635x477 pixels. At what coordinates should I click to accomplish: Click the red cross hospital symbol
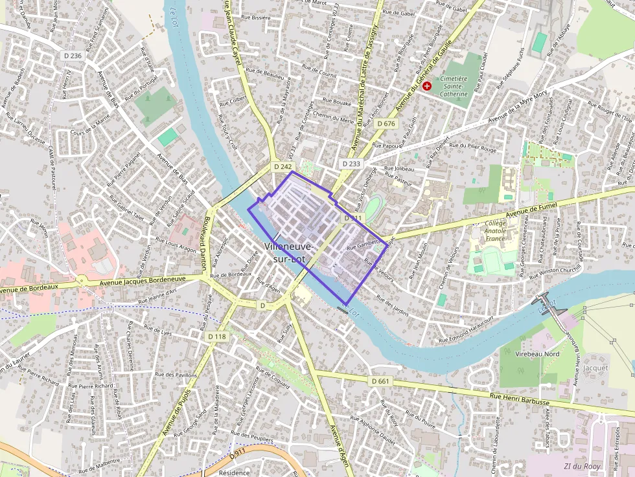pos(426,85)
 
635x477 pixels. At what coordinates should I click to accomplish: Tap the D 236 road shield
pos(73,56)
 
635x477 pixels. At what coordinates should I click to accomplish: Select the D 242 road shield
pos(283,166)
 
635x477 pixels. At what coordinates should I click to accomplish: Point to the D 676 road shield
pos(385,124)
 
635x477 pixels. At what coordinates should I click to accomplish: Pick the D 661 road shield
pos(381,381)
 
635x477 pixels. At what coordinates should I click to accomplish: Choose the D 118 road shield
pos(218,337)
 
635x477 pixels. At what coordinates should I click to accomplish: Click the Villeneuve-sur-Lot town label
pos(289,253)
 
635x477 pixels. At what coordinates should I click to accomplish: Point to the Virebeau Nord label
pos(537,354)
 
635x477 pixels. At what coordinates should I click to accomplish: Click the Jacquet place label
pos(595,368)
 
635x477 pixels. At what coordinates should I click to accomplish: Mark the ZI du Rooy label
pos(582,466)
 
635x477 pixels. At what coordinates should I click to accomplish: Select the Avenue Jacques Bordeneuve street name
pos(143,281)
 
